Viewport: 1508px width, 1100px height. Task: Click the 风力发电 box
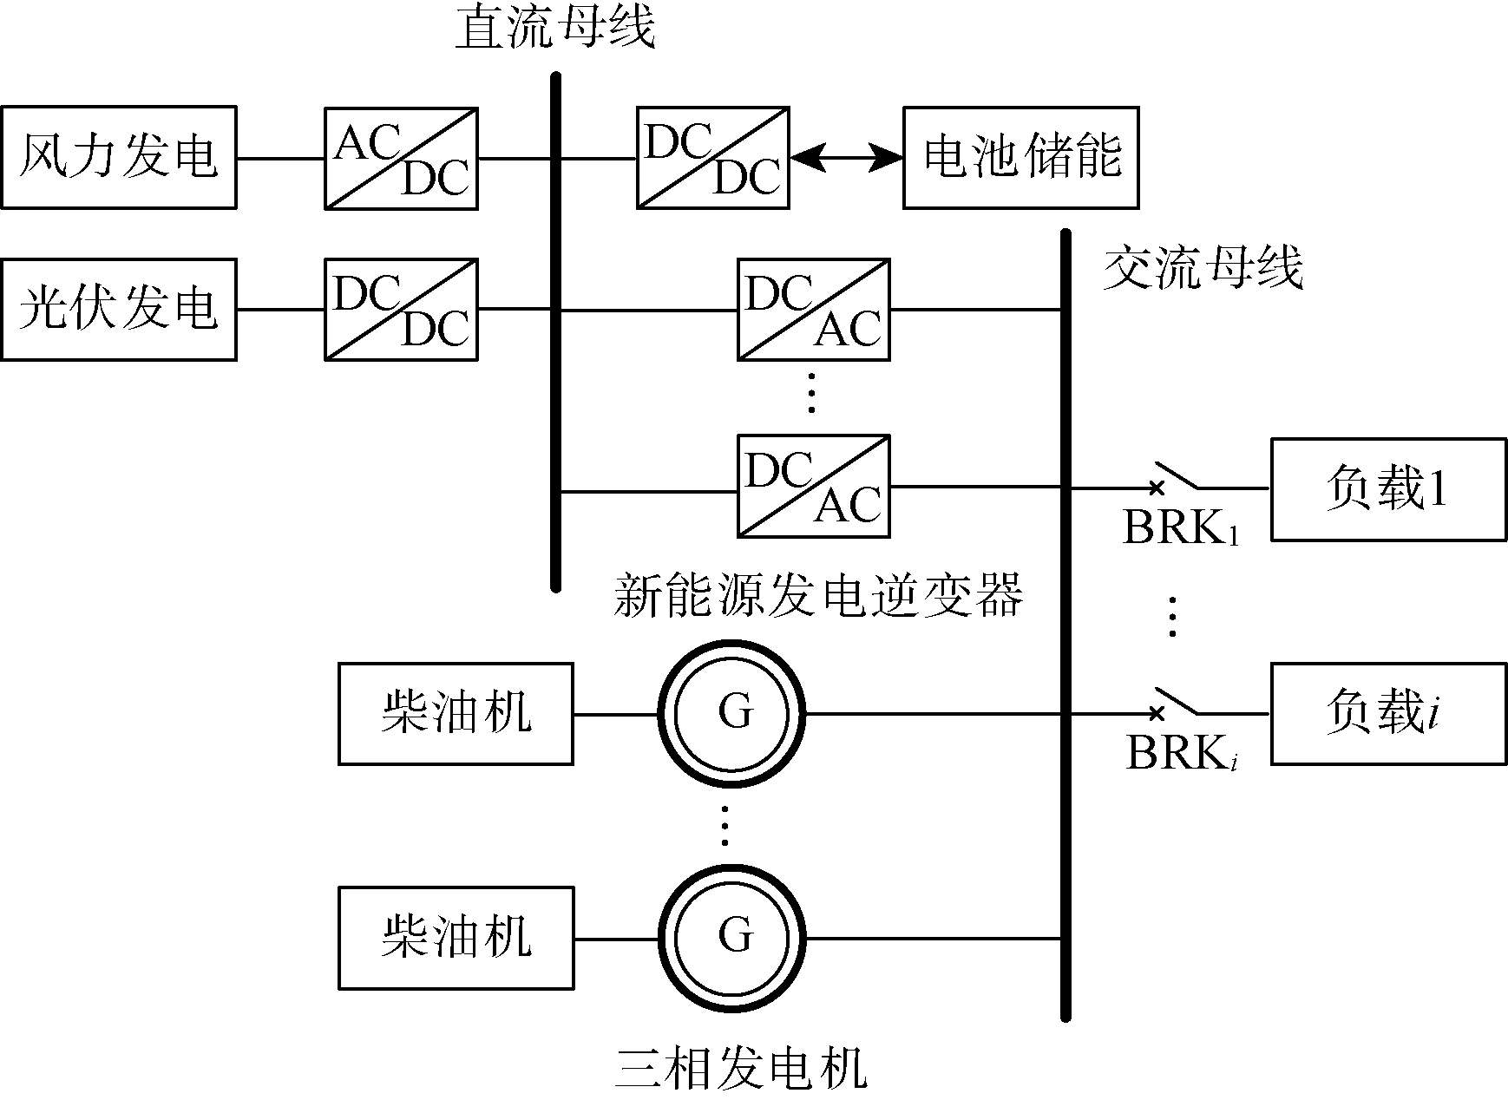(119, 157)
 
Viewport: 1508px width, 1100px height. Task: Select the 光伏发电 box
(119, 309)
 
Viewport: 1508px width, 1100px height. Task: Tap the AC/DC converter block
(401, 158)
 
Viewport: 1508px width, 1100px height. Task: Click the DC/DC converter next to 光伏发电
(401, 309)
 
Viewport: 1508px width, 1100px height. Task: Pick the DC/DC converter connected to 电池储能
(712, 158)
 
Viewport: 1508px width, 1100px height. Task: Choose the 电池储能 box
(1020, 158)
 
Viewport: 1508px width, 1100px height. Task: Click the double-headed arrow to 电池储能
(846, 158)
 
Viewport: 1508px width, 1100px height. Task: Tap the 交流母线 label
(1203, 268)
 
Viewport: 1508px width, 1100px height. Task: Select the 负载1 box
(1388, 490)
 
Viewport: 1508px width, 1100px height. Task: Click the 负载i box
(1388, 714)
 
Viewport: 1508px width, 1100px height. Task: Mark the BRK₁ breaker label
(1180, 527)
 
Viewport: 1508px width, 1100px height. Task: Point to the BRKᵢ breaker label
(1181, 753)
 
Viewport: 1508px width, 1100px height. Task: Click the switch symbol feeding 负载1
(1176, 478)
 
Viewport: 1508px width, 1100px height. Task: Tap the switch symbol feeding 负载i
(1176, 703)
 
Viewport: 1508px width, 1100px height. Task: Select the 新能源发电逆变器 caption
(818, 597)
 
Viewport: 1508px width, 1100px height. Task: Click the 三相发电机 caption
(740, 1069)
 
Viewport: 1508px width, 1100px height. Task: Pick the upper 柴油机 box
(456, 714)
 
